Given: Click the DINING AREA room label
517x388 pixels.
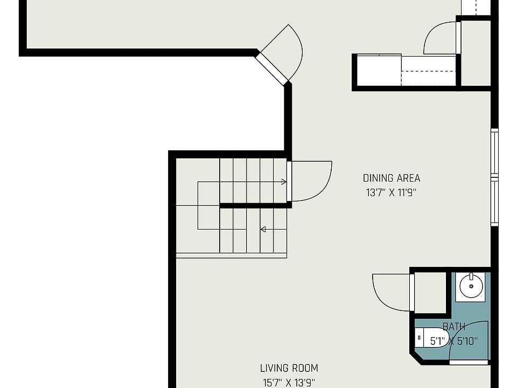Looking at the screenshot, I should click(x=392, y=178).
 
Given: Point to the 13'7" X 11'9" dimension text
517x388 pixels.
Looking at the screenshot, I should click(x=392, y=192).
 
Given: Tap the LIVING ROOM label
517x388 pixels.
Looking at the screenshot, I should click(x=289, y=369).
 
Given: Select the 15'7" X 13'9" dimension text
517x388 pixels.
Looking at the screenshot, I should click(x=289, y=383).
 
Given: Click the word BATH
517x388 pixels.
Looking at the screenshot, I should click(x=454, y=327).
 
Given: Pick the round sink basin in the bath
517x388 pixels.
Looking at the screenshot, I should click(x=472, y=285).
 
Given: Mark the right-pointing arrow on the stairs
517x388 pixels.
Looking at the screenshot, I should click(x=283, y=182).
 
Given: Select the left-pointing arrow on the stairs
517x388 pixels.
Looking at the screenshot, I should click(x=263, y=230).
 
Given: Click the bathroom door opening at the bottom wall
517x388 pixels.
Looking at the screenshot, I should click(x=468, y=362).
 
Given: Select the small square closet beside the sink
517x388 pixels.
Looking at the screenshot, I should click(x=429, y=293).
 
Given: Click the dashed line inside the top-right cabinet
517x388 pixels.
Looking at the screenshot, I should click(x=428, y=71).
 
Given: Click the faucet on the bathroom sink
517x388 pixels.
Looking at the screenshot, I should click(x=472, y=276).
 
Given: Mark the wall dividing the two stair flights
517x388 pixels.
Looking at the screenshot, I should click(x=255, y=205).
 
